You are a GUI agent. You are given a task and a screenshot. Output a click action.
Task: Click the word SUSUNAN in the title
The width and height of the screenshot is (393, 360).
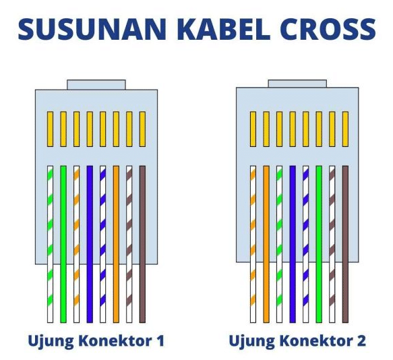[x=92, y=29]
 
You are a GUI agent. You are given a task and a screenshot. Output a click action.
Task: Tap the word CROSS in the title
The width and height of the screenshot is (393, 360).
[x=330, y=29]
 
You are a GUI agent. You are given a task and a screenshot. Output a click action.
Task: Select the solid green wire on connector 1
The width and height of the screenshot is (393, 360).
[x=63, y=244]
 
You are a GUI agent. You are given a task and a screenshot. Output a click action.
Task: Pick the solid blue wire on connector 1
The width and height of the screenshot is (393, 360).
[x=90, y=244]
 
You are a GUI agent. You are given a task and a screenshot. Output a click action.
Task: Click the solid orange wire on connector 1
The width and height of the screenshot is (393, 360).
[x=116, y=244]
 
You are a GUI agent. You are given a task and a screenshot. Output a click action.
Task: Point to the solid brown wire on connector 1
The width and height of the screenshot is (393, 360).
[x=142, y=244]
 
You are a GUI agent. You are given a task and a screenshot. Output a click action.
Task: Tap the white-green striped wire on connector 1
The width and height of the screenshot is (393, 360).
[x=50, y=244]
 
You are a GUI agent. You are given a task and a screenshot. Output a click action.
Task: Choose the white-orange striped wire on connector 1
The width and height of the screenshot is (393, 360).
[x=76, y=244]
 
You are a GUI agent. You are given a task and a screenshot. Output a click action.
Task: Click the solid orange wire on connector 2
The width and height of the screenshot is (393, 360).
[x=266, y=244]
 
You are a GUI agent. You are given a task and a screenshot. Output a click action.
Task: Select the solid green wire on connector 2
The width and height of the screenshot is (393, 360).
[x=319, y=244]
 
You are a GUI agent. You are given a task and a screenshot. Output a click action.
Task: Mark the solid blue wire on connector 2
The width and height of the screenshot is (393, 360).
[x=293, y=244]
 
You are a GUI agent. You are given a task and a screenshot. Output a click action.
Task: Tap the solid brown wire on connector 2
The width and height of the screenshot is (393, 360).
[x=345, y=244]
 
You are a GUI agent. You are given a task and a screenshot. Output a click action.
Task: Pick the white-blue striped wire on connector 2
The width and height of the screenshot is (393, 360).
[x=305, y=244]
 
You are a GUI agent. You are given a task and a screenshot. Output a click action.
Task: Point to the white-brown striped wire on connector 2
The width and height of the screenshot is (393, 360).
[x=332, y=244]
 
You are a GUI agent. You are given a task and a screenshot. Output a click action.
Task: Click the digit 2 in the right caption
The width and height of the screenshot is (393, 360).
[x=361, y=340]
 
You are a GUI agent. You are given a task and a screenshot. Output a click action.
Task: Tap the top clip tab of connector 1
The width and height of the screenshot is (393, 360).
[x=96, y=85]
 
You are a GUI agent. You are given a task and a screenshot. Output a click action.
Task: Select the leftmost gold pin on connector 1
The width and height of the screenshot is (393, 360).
[x=50, y=129]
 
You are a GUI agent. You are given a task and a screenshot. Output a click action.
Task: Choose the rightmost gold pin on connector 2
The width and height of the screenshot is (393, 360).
[x=345, y=129]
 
